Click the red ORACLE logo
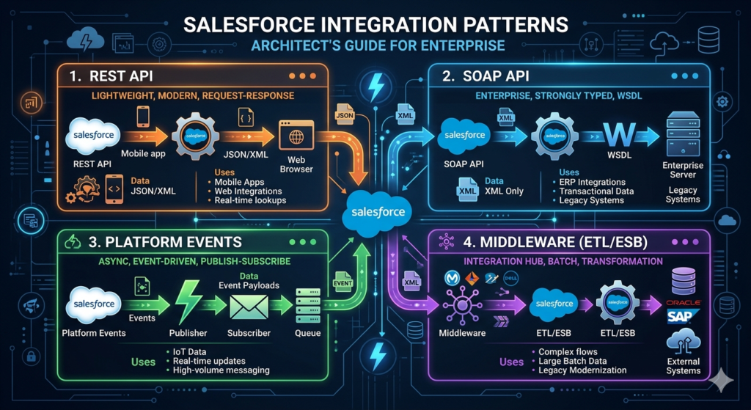pos(683,302)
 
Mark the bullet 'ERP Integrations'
pos(592,182)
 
